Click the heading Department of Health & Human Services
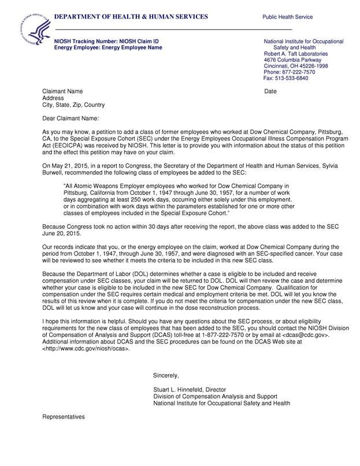131,17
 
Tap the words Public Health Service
287,17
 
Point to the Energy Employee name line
108,48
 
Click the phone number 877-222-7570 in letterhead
295,72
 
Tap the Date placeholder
271,92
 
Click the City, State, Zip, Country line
74,105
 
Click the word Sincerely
166,375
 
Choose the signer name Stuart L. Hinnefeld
183,390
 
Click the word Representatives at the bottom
64,416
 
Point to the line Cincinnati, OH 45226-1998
295,66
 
